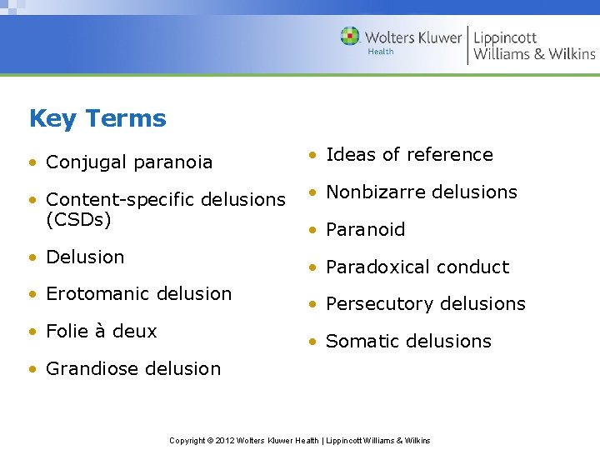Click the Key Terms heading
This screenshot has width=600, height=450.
(97, 118)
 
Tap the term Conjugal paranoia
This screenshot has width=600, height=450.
(129, 162)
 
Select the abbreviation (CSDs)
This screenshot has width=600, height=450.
(78, 219)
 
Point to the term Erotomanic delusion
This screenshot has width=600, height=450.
(138, 293)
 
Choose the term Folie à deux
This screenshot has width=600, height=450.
(101, 331)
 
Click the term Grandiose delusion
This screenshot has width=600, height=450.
(133, 368)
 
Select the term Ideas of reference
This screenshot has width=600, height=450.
(409, 154)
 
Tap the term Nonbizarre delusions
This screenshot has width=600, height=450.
(421, 192)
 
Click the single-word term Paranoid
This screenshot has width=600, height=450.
(365, 229)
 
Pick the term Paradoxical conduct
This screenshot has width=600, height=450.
(417, 267)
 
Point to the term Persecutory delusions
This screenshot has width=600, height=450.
(425, 303)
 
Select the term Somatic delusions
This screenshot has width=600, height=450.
(408, 341)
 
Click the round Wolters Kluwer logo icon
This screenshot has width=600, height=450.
(350, 37)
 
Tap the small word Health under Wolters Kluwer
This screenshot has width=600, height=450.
(381, 52)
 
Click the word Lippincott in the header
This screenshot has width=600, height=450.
(505, 37)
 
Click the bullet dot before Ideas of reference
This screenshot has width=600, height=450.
(311, 155)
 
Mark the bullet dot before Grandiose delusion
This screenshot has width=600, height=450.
(32, 369)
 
